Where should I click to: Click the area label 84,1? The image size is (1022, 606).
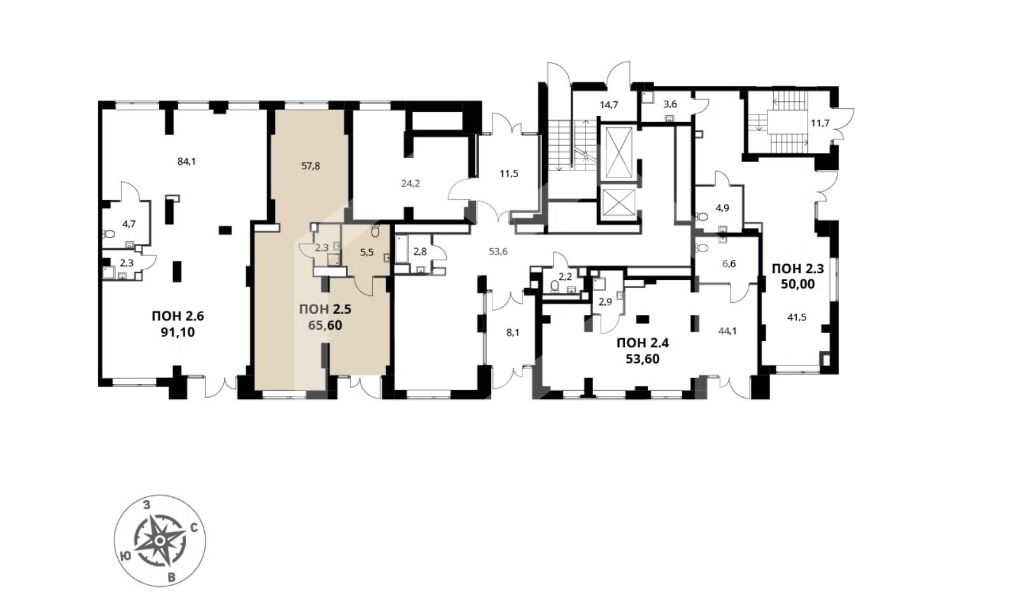(x=186, y=161)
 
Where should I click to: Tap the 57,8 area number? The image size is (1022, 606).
(x=311, y=166)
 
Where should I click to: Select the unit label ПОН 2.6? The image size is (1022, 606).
(x=178, y=316)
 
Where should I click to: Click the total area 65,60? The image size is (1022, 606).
(x=325, y=326)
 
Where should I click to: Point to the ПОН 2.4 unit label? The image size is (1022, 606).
(x=642, y=343)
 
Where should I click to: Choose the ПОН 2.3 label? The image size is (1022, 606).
(x=797, y=269)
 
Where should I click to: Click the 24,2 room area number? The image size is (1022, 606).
(x=410, y=184)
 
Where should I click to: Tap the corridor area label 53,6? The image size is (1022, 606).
(x=498, y=251)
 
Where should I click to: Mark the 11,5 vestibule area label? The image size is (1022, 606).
(x=508, y=174)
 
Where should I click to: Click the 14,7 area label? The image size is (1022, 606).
(x=608, y=104)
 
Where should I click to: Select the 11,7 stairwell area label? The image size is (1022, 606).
(x=820, y=123)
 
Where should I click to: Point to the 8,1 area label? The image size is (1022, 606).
(x=513, y=333)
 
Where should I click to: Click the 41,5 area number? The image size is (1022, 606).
(x=797, y=317)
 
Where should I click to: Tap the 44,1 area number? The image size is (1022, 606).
(x=728, y=331)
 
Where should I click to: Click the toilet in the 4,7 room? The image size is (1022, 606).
(x=109, y=234)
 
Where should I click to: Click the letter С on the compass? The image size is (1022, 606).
(x=193, y=528)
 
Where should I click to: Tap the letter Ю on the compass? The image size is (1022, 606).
(x=124, y=555)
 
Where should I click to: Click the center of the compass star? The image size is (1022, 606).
(x=160, y=540)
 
